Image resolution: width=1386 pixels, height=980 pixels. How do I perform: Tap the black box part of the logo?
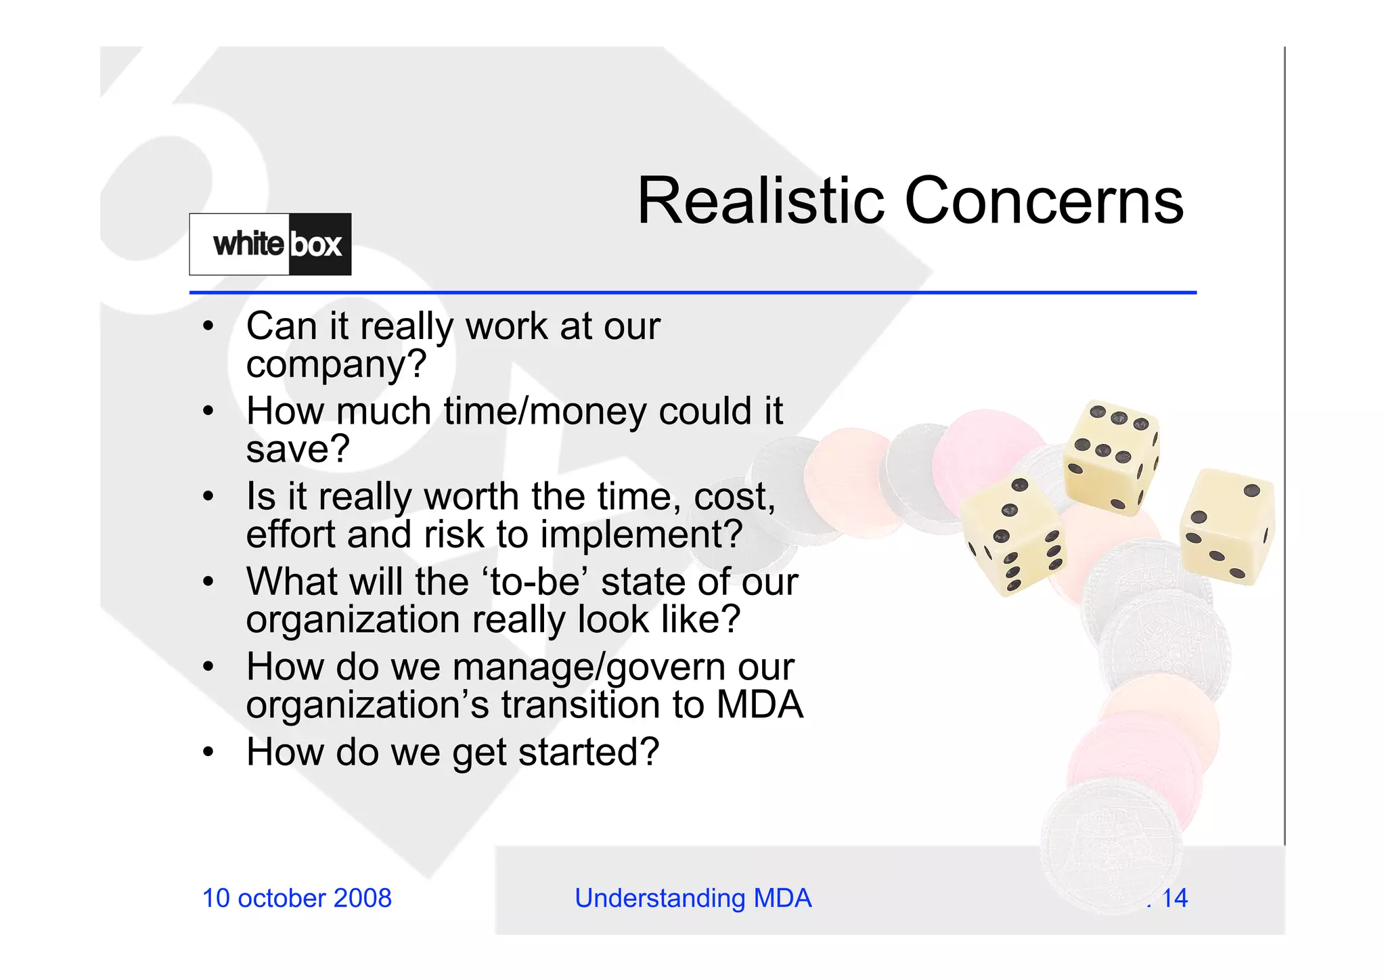(x=318, y=244)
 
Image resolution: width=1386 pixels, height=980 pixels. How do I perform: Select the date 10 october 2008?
(x=296, y=898)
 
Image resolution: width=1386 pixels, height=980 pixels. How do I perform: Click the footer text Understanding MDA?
(x=693, y=898)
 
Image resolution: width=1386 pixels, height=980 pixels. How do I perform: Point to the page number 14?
(x=1174, y=898)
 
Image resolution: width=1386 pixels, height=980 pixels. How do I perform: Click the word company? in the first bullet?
(x=336, y=364)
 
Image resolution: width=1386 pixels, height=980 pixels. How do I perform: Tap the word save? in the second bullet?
(x=298, y=449)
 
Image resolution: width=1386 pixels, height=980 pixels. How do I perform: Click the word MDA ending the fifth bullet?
(x=759, y=705)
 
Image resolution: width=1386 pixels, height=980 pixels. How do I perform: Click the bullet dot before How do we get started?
(x=208, y=752)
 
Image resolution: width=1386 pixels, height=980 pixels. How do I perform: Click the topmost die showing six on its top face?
(x=1110, y=457)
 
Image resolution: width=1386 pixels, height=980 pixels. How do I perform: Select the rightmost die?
(x=1227, y=527)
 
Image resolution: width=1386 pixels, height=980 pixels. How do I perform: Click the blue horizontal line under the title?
(x=693, y=292)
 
